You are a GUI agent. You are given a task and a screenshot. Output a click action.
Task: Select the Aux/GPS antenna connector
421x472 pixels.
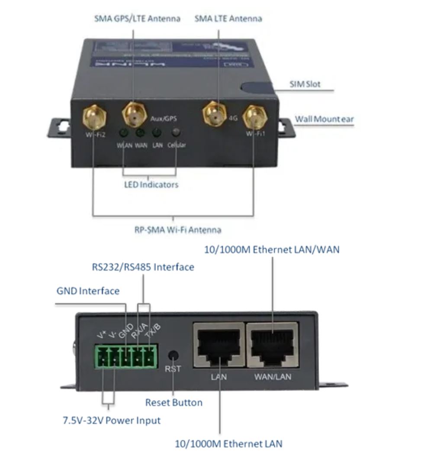tap(134, 114)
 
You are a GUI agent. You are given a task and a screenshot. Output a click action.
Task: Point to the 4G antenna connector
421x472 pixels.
tap(215, 113)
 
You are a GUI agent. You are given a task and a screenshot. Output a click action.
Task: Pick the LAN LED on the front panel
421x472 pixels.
tap(157, 133)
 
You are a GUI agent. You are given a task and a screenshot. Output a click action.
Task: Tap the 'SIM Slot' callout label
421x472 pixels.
tap(305, 84)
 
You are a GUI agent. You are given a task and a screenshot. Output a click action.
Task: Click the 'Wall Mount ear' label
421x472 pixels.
tap(324, 119)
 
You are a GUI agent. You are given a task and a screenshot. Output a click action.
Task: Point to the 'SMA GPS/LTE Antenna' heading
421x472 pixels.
tap(137, 19)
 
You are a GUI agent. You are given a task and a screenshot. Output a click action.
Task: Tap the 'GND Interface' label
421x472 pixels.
tap(88, 291)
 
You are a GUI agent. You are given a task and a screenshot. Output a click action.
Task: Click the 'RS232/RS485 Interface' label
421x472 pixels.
tap(143, 267)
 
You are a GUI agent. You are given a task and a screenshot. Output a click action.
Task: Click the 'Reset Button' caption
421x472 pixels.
tap(174, 403)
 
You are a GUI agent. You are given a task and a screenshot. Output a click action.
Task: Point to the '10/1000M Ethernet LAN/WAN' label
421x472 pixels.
tap(272, 249)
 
